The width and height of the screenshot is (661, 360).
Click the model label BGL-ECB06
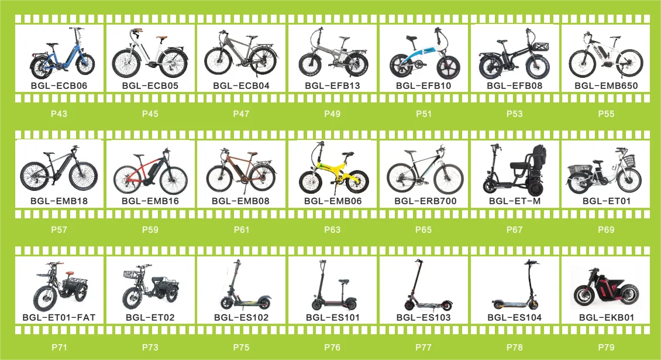coord(59,86)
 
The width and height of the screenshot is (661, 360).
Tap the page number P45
coord(150,114)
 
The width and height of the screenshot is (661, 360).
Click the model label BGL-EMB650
coord(606,86)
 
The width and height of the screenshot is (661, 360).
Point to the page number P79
coord(606,347)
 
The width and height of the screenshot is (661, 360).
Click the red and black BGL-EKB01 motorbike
coord(606,289)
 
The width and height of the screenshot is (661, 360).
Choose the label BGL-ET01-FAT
coord(59,318)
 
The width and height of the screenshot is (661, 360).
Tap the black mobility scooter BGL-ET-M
coord(515,170)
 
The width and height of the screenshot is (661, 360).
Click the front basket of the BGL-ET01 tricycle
coord(628,160)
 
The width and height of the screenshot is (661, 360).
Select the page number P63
coord(332,229)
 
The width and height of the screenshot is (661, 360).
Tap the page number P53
coord(515,114)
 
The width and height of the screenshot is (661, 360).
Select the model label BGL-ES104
coord(515,318)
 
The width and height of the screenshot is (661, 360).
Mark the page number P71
coord(59,347)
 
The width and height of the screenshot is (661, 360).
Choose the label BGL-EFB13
coord(332,86)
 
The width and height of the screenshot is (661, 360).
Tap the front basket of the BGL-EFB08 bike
coord(540,45)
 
